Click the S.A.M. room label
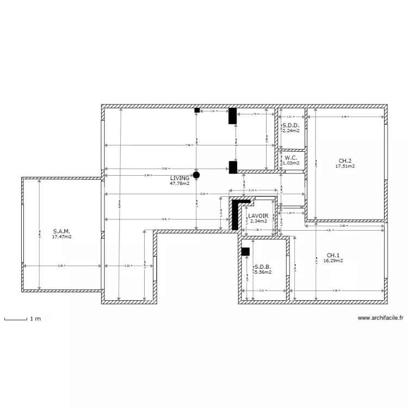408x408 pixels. [x=61, y=231]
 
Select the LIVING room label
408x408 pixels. [x=180, y=178]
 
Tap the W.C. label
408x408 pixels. [x=290, y=158]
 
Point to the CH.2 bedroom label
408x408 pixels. [x=345, y=160]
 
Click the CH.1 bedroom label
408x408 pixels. [x=333, y=255]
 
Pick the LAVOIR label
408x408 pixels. [x=258, y=216]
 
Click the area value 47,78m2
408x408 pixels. [x=179, y=184]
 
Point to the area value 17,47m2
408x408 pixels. [x=61, y=237]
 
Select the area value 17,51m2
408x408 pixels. [x=345, y=166]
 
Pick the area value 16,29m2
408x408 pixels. [x=333, y=261]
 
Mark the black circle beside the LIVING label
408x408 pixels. [x=196, y=175]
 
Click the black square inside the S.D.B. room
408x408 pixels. [x=245, y=251]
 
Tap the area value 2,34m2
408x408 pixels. [x=258, y=221]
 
